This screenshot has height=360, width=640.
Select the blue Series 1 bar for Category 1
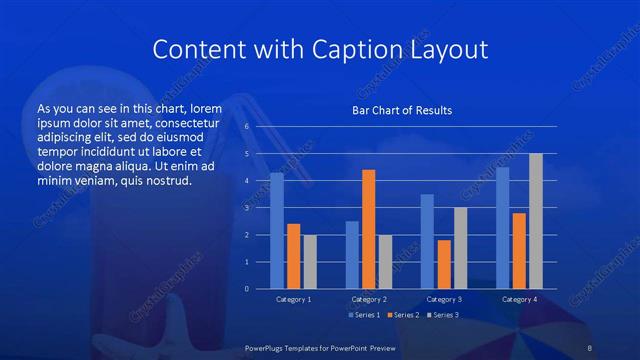(x=276, y=231)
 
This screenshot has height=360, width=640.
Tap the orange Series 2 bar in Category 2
(x=368, y=229)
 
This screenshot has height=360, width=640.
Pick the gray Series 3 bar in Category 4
(x=536, y=221)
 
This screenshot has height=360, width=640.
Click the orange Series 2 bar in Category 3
(x=444, y=264)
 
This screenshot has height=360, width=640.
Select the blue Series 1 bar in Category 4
(x=502, y=228)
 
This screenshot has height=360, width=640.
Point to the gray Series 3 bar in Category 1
(x=310, y=261)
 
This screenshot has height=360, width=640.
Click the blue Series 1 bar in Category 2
(x=351, y=254)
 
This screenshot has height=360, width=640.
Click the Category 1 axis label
(x=293, y=299)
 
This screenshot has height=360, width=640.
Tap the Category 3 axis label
(x=443, y=299)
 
